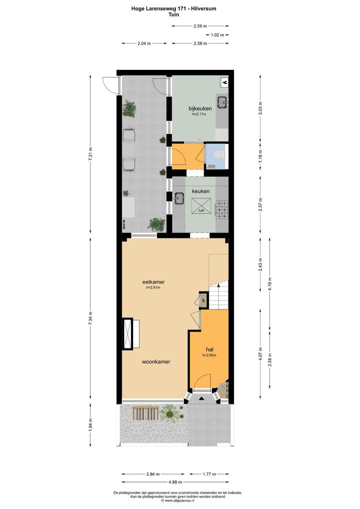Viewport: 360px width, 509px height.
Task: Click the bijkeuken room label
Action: pos(200,108)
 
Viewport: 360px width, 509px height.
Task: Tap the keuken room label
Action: pos(200,191)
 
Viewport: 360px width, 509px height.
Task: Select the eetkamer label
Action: pos(153,282)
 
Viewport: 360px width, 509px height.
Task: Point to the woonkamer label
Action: pos(156,361)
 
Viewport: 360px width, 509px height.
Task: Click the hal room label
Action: pos(209,349)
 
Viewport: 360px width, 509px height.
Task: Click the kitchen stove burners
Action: pos(222,209)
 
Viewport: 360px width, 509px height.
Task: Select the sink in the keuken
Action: pos(179,198)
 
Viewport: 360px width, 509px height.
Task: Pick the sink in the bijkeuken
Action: pos(222,102)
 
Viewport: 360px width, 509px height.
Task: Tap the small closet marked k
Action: pos(203,300)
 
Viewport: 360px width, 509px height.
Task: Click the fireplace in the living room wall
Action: pos(128,333)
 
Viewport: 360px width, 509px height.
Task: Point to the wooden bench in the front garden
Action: pos(146,412)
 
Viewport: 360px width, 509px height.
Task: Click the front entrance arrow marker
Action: pos(201,398)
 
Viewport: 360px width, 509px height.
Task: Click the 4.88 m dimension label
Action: pos(175,482)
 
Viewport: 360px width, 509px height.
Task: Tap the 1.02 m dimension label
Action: pos(217,34)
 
